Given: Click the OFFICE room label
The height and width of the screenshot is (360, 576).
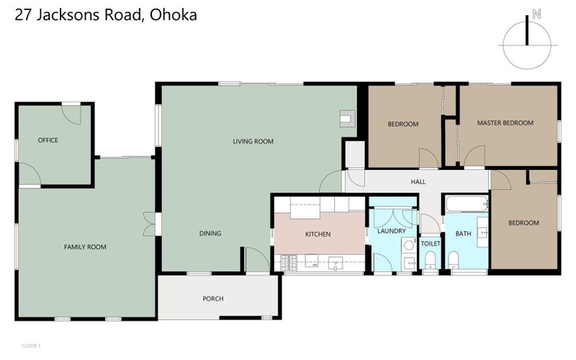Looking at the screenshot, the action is click(x=48, y=140).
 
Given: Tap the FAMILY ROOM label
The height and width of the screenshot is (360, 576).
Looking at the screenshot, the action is click(x=85, y=247).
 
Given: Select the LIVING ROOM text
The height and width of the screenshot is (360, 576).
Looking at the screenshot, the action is click(x=253, y=141).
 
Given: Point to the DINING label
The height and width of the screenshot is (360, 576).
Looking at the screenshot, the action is click(x=210, y=233).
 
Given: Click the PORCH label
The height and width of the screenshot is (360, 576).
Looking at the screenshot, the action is click(x=213, y=299).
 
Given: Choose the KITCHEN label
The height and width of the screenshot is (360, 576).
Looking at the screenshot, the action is click(x=318, y=234).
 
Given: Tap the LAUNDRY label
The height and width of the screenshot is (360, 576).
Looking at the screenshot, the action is click(x=392, y=231).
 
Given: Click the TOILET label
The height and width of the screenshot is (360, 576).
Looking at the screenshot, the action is click(x=431, y=243).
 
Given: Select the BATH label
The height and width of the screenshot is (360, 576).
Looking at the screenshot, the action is click(x=463, y=233).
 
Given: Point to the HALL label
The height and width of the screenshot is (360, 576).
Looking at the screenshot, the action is click(x=418, y=182).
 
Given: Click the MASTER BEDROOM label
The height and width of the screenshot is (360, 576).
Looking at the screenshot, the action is click(x=505, y=123).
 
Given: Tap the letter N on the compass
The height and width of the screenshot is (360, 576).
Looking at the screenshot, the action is click(x=536, y=14).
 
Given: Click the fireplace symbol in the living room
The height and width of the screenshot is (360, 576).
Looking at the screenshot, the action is click(x=348, y=119).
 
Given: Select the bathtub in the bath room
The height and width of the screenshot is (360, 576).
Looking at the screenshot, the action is click(x=467, y=204).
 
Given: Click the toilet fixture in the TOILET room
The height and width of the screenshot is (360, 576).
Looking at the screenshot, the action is click(x=430, y=261).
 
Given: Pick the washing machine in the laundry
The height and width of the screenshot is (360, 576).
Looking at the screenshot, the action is click(x=408, y=245).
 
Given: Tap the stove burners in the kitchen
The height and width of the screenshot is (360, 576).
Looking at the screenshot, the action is click(x=289, y=263).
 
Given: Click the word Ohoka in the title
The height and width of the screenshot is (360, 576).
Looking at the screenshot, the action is click(x=174, y=14).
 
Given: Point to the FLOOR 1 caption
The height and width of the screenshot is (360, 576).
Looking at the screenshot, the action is click(x=31, y=346).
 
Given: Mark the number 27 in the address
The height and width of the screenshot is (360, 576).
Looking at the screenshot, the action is click(x=23, y=14).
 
